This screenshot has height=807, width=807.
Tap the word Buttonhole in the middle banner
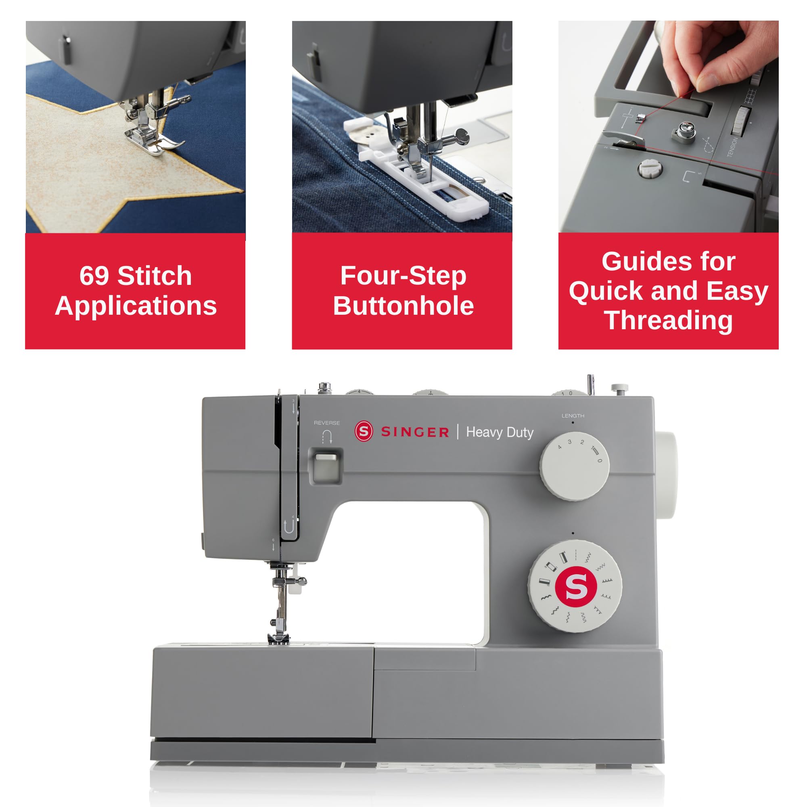[x=403, y=306]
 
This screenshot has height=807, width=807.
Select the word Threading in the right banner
[x=668, y=320]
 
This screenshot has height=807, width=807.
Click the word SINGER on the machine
[x=415, y=432]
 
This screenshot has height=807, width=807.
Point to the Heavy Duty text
[x=500, y=432]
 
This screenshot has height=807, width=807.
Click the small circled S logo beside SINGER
[x=364, y=431]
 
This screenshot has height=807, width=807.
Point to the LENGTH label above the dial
[x=573, y=416]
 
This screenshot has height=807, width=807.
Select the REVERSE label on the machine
[x=327, y=423]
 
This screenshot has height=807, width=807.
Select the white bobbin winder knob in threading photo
[x=650, y=169]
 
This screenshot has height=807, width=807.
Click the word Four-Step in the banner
[x=403, y=276]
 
